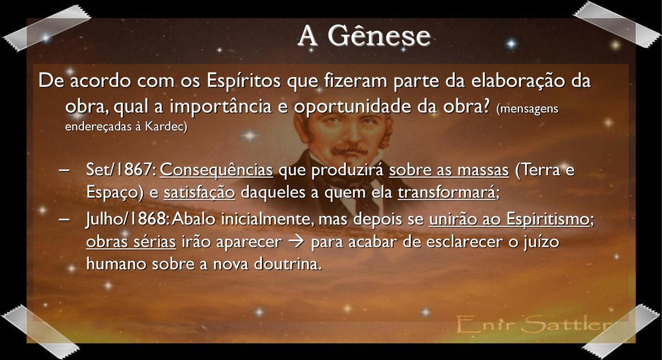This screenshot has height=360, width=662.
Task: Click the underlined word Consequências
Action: tap(216, 170)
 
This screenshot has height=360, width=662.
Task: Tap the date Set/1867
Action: tap(121, 170)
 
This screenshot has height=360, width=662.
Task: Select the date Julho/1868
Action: tap(127, 218)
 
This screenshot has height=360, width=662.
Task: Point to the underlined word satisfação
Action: tap(199, 193)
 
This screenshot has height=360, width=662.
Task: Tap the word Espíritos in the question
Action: tap(243, 81)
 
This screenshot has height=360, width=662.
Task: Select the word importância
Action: tap(220, 106)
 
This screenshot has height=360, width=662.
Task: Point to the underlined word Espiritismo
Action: tap(547, 218)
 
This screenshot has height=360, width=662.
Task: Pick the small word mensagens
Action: tap(528, 109)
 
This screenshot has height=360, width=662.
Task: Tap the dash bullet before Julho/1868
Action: tap(64, 219)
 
